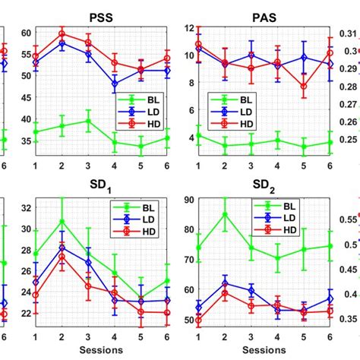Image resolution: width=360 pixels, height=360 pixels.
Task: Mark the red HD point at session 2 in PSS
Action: click(x=62, y=33)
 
